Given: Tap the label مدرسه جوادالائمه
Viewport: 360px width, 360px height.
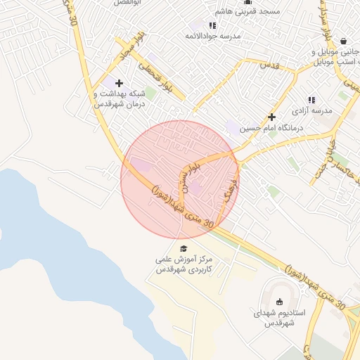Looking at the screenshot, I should coord(213,35).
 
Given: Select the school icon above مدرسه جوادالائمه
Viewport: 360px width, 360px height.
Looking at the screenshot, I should coord(212,25).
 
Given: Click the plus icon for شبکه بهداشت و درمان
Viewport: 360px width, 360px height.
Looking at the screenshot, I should coord(117,84).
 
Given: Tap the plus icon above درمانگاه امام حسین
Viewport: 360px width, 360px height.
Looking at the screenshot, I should coord(271,117).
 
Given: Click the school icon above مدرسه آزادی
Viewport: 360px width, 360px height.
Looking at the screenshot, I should coord(311,101).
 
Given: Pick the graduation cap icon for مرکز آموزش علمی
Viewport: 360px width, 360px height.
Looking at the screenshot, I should coord(184,249).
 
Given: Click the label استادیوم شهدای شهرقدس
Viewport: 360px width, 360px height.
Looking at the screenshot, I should coord(278,317).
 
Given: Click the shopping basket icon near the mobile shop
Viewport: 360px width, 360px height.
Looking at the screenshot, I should coord(342,41).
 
